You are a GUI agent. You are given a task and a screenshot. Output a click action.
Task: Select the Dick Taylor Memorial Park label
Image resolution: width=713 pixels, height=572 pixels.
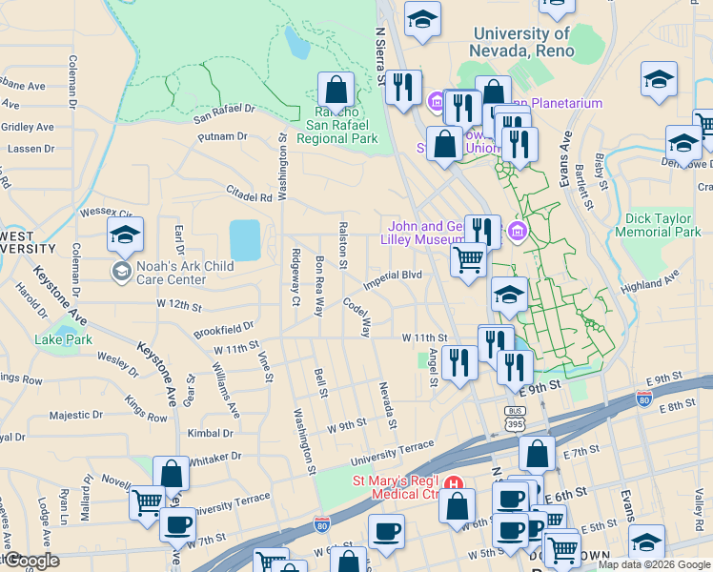point(658,225)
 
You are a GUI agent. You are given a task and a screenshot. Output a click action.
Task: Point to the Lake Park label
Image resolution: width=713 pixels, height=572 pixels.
point(64,339)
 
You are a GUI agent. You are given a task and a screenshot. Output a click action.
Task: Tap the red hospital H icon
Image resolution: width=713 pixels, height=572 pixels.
point(455,483)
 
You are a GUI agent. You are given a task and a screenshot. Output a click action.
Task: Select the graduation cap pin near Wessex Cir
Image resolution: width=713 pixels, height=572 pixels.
point(125,235)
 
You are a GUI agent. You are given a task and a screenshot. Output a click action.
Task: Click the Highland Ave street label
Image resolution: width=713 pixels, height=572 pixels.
point(648,282)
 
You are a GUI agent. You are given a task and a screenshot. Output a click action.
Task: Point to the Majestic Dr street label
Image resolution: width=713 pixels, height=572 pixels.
point(70,415)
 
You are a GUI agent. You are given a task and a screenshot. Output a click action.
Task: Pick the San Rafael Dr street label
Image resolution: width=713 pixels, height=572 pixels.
point(225,114)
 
